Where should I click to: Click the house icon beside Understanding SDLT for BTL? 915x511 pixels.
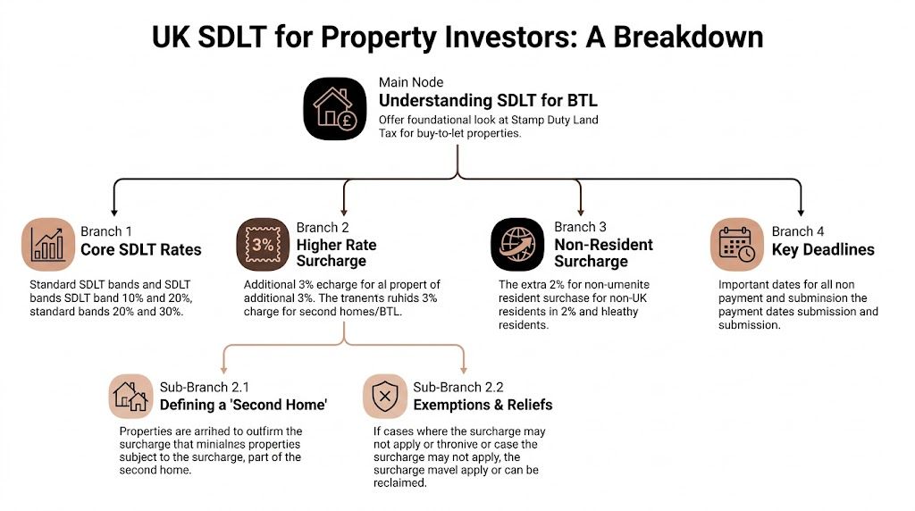(335, 108)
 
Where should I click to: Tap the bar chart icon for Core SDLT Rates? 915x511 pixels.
(47, 243)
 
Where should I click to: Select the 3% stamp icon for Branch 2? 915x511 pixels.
(261, 243)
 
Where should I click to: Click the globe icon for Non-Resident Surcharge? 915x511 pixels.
(516, 243)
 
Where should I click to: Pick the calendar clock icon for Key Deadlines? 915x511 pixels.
(737, 243)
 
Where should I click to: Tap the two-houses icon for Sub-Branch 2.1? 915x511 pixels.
(130, 396)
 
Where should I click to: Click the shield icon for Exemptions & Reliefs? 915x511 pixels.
(384, 396)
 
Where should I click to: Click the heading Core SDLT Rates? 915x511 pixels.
(140, 249)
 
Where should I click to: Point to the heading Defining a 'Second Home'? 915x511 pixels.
(243, 405)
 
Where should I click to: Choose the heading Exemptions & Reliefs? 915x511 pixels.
(483, 405)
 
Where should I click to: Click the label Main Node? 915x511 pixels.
(410, 82)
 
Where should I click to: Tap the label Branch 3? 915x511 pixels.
(580, 228)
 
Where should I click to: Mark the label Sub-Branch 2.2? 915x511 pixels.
(457, 387)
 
